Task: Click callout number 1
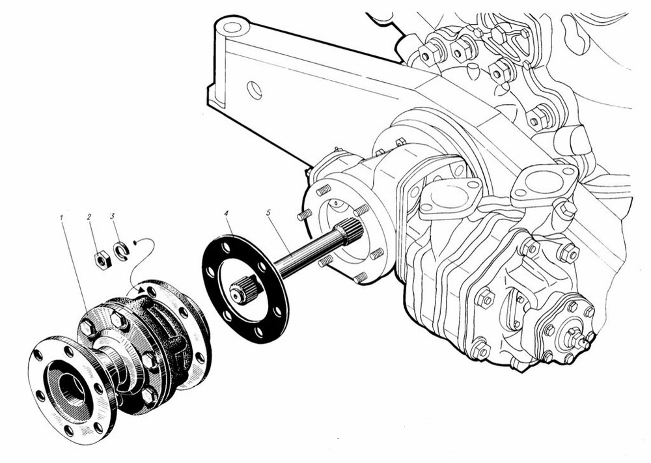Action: click(x=61, y=217)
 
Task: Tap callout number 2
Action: click(x=89, y=217)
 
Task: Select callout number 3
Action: click(x=112, y=216)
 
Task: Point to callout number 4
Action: click(x=226, y=213)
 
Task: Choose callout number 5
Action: click(x=268, y=212)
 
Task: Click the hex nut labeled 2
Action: click(x=102, y=260)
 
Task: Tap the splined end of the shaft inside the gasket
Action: click(x=245, y=290)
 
